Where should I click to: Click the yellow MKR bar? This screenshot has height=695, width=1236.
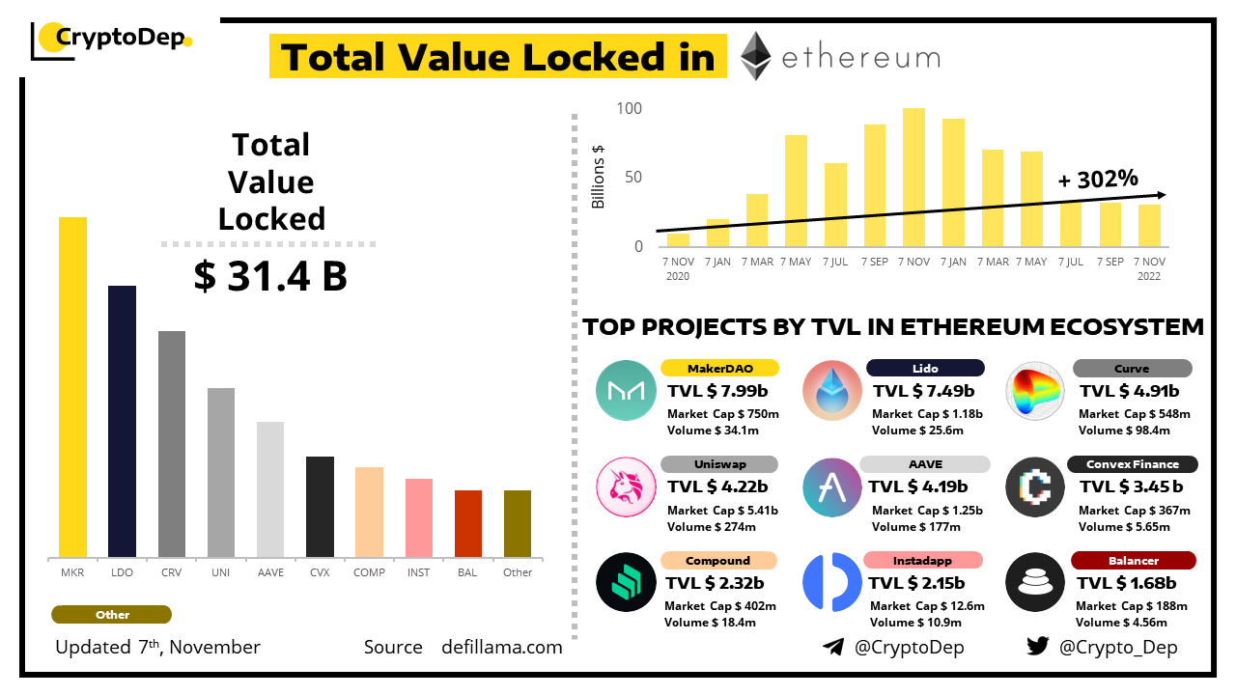[72, 387]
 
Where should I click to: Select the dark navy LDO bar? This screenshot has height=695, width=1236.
[122, 422]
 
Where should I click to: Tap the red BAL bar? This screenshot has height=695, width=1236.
[468, 523]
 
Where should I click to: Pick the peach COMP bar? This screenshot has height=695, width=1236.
[369, 512]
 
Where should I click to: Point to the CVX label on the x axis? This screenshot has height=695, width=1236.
[320, 572]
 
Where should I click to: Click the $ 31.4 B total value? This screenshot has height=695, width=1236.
[270, 277]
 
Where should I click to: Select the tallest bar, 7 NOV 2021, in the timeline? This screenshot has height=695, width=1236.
[913, 177]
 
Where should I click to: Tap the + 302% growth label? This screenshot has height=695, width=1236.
[1098, 179]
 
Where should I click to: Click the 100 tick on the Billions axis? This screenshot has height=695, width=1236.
[629, 108]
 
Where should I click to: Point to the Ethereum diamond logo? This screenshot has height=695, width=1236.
[755, 56]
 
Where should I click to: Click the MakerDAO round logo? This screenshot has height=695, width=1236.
[626, 390]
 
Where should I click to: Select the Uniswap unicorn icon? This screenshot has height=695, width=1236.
[626, 486]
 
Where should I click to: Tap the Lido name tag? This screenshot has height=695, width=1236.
[925, 368]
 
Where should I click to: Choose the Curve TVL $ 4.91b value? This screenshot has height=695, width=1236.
[1130, 391]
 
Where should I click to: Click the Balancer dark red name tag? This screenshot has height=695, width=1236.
[1134, 561]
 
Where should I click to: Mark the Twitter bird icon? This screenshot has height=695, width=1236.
[1037, 647]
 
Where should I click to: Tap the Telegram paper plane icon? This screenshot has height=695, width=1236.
[832, 647]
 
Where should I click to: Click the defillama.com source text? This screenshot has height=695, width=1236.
[501, 647]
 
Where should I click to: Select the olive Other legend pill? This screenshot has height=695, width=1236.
[112, 615]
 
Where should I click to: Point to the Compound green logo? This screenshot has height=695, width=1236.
[626, 583]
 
